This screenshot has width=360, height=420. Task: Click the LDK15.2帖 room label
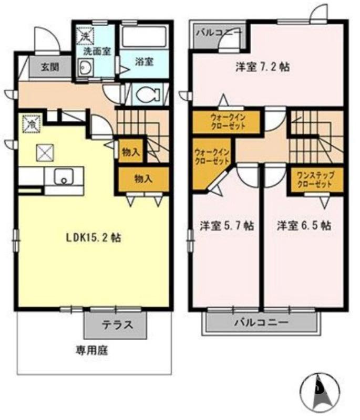point(94,238)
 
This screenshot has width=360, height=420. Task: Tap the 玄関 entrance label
point(50,67)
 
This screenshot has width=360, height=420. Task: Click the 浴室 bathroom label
point(143,61)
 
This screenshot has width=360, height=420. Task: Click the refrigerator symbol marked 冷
point(31,125)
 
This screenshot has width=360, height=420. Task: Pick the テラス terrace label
point(116,325)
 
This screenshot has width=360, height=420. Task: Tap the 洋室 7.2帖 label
point(262,67)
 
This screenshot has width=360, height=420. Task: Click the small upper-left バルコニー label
point(219,33)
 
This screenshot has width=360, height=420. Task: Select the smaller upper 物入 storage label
point(130,152)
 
